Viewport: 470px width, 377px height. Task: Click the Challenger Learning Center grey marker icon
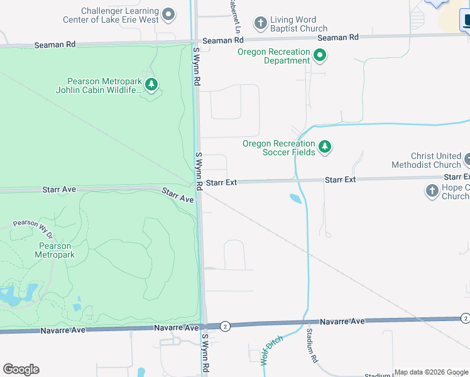coord(168,14)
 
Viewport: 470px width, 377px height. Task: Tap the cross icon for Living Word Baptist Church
coord(260,24)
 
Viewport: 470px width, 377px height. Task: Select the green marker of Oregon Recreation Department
coord(320,56)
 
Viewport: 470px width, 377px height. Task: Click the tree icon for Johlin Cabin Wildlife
coord(151,84)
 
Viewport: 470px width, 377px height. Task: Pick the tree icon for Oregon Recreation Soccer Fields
coord(324,147)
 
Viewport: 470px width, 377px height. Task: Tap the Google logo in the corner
coord(21,369)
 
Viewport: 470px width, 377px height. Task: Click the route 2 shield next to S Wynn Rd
coord(226,325)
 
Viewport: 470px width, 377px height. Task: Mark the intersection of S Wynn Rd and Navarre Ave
coord(204,326)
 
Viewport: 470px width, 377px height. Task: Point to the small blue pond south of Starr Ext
coord(295,199)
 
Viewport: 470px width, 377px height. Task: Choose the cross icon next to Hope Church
coord(432,191)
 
